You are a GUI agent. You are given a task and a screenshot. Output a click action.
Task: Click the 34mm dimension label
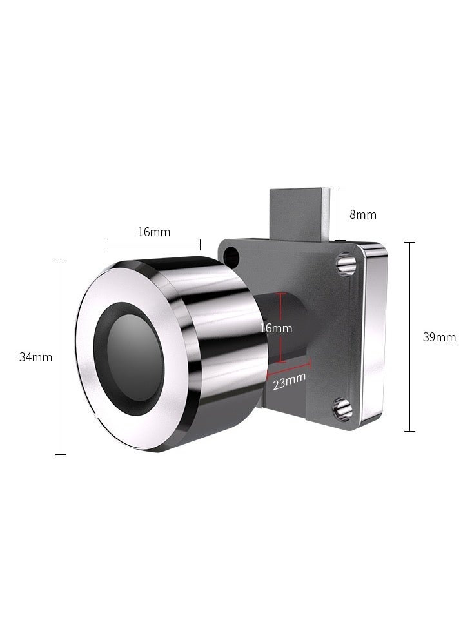point(35,357)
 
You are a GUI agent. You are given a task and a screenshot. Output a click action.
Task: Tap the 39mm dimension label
point(439,337)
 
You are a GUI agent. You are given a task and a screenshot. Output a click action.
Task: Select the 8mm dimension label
point(362,215)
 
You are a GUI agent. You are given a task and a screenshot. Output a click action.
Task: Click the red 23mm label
point(288,380)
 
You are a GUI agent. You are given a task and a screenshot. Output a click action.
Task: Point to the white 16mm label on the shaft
point(277,328)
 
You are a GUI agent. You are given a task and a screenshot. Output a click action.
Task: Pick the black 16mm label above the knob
point(154,232)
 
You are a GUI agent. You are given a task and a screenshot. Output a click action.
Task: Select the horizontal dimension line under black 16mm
point(154,245)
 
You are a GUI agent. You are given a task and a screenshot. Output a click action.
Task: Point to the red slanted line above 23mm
point(288,368)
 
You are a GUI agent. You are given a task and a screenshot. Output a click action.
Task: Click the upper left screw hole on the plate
point(231,257)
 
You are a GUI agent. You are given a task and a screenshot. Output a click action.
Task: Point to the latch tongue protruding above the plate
point(300,213)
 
